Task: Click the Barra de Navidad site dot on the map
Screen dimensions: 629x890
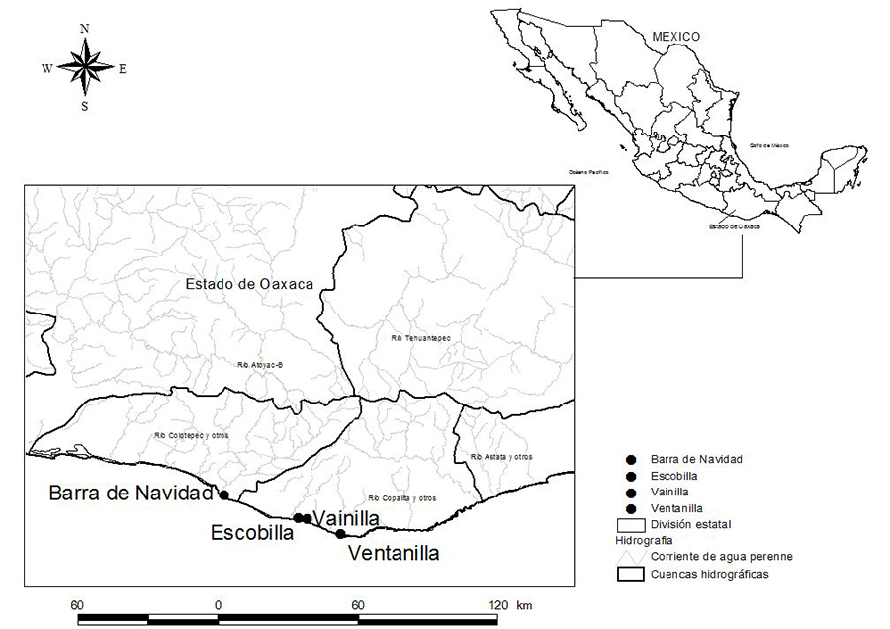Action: pos(224,494)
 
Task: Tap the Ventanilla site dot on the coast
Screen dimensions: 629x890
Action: pos(341,534)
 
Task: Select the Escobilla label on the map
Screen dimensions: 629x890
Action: pos(252,533)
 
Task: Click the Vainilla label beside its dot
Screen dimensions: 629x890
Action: pos(346,517)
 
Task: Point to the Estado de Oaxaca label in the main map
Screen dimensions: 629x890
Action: pos(250,284)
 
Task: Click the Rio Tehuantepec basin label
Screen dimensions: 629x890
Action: pos(420,338)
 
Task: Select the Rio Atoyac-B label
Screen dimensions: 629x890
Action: pos(261,365)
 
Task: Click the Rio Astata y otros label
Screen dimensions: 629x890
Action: pos(501,456)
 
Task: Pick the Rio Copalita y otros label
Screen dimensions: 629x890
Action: pos(400,497)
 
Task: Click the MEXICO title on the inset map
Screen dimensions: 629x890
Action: pos(675,37)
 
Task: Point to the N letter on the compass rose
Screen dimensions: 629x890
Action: pos(85,28)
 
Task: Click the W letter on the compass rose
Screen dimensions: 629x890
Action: pos(46,68)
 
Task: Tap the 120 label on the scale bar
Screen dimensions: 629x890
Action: pos(498,604)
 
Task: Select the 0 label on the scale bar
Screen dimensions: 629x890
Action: pos(217,604)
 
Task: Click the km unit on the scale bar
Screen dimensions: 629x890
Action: pos(523,604)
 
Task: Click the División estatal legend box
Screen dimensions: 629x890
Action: pos(629,523)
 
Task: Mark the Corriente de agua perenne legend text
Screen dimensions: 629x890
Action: pos(721,556)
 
